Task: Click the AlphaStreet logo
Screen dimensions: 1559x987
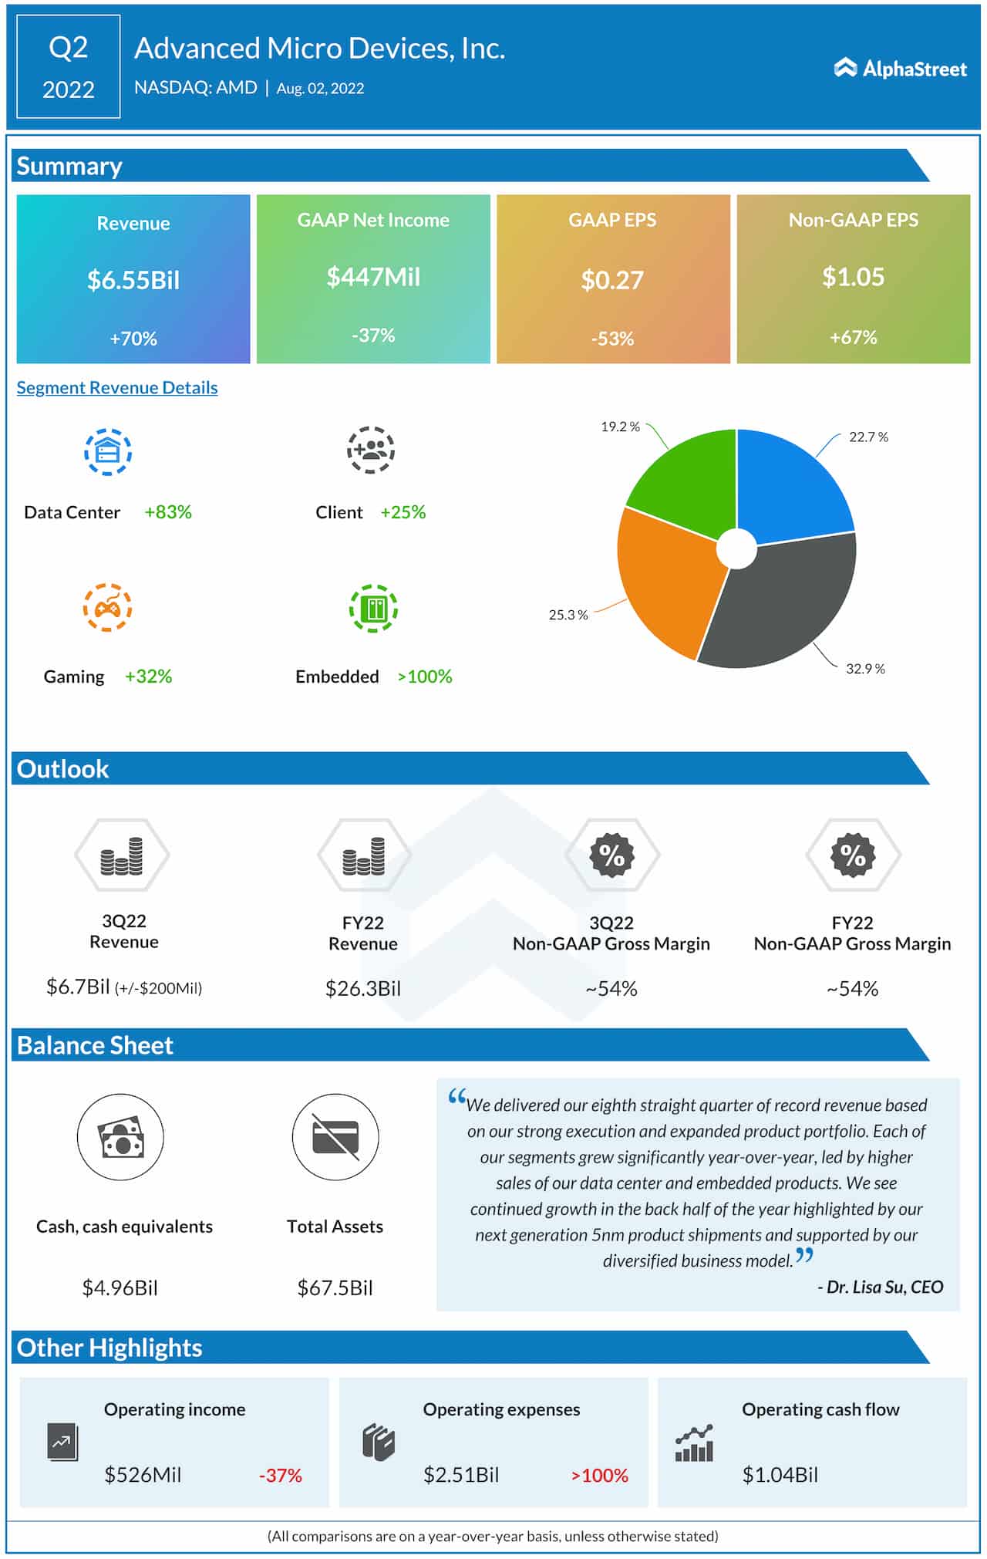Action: click(900, 69)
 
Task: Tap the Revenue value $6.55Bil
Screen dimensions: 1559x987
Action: click(133, 280)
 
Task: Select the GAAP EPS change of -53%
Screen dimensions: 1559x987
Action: click(612, 339)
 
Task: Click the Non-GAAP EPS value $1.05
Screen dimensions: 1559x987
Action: click(853, 277)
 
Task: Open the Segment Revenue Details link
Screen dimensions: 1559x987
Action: click(117, 387)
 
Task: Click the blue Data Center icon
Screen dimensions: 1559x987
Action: click(108, 452)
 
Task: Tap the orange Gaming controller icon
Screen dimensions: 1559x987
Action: click(108, 608)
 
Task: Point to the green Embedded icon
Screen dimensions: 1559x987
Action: click(374, 609)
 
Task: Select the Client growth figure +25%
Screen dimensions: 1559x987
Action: click(403, 512)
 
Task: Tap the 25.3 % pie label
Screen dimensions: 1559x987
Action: click(568, 615)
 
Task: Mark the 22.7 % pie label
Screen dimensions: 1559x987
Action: click(868, 437)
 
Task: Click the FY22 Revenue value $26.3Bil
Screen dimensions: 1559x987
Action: click(363, 988)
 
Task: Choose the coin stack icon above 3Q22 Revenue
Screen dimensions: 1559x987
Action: click(122, 856)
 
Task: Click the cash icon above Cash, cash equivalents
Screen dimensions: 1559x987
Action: click(121, 1137)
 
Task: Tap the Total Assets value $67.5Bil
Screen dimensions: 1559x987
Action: click(335, 1287)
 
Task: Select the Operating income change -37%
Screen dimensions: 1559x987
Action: click(280, 1475)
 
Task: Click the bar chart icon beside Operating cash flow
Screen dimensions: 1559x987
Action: click(694, 1444)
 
